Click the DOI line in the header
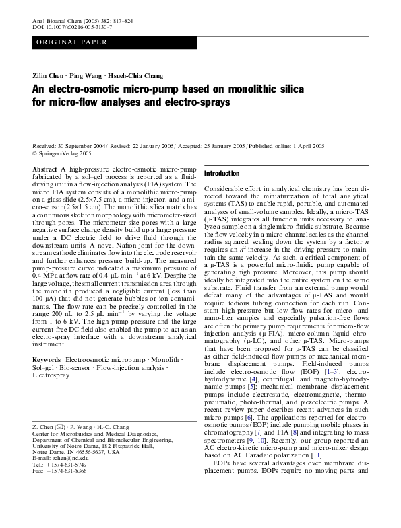tap(65, 28)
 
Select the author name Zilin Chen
tap(49, 76)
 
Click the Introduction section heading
tap(222, 174)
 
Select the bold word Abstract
tap(44, 169)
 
